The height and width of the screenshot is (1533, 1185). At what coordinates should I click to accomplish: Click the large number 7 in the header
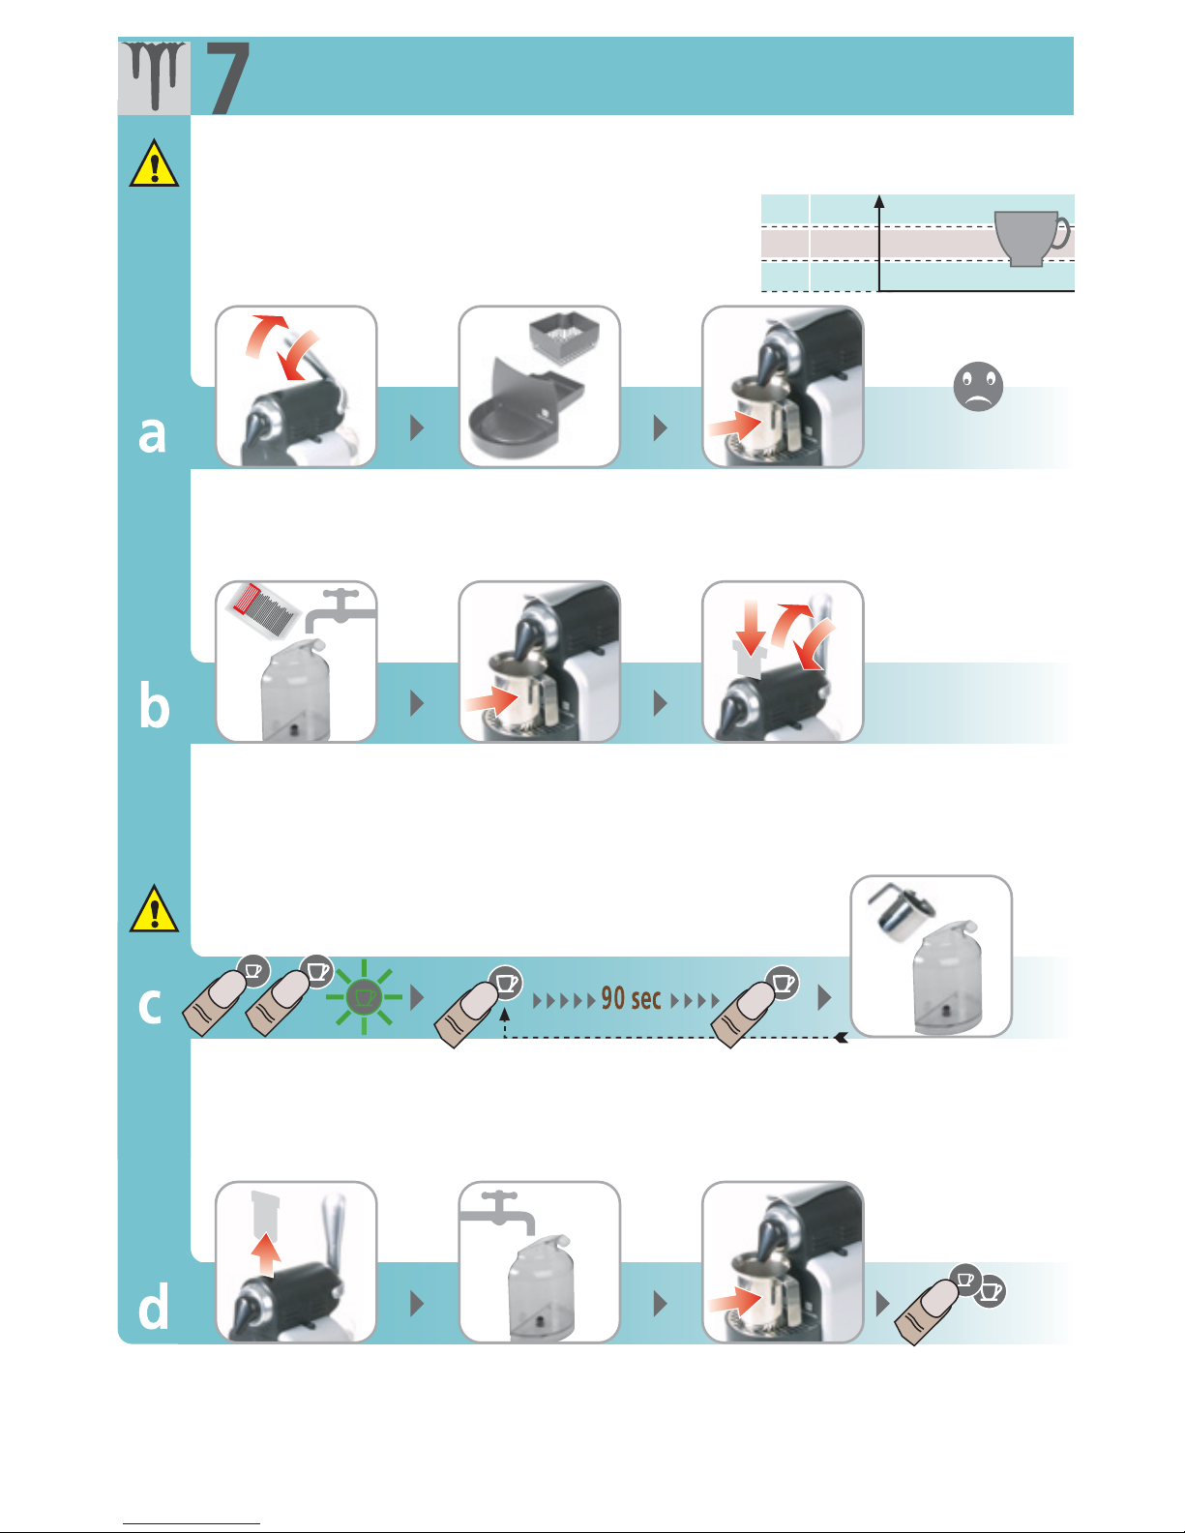229,77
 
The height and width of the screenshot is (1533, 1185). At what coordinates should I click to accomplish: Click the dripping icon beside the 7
154,75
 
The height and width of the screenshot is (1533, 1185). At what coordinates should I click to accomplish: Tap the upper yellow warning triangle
154,163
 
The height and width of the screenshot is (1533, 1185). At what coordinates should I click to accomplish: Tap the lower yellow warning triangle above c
154,909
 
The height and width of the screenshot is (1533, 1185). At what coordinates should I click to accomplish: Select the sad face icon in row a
977,387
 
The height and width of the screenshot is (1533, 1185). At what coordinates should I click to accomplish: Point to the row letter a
153,434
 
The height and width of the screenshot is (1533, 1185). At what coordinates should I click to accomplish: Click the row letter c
150,1006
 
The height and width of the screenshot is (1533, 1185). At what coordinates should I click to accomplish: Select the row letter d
154,1308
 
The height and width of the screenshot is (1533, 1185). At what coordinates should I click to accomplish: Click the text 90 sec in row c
631,998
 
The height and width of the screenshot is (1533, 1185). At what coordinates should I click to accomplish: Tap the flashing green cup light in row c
364,996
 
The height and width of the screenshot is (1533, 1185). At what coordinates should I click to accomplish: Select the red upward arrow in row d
266,1257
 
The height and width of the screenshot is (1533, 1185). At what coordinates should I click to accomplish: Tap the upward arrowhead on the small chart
879,201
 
